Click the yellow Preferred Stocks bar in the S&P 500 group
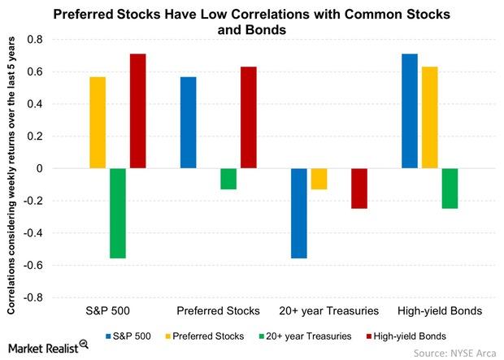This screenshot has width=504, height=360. click(x=98, y=123)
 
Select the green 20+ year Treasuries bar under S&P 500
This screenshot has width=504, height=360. click(x=118, y=213)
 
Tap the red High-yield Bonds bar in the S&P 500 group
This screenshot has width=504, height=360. click(x=137, y=111)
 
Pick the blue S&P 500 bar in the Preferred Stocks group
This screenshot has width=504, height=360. click(x=189, y=123)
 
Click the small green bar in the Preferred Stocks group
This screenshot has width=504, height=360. click(x=228, y=179)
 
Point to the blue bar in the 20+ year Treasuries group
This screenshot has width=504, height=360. click(x=299, y=213)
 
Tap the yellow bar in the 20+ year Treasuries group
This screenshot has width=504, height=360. click(x=319, y=179)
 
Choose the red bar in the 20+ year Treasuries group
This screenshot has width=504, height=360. click(x=358, y=189)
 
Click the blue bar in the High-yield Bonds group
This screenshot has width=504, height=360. click(x=410, y=111)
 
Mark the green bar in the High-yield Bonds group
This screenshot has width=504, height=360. click(x=450, y=189)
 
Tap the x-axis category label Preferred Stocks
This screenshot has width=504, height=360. click(x=218, y=311)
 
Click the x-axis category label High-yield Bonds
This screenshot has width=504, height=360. click(x=439, y=311)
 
